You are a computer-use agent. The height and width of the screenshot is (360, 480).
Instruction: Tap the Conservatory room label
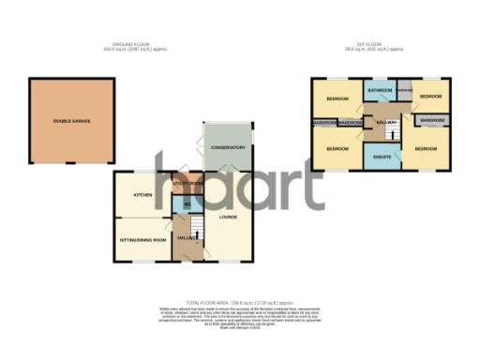[x=227, y=147]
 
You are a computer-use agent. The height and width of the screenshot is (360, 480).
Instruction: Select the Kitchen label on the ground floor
[x=142, y=195]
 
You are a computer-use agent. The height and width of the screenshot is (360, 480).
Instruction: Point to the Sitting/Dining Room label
[x=144, y=240]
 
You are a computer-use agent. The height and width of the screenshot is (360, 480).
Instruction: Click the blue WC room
[x=187, y=205]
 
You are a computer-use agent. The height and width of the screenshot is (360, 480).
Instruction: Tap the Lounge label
[x=228, y=217]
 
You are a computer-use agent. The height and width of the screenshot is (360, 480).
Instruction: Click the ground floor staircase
[x=196, y=229]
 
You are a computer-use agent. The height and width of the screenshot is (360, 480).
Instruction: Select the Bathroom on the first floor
[x=380, y=91]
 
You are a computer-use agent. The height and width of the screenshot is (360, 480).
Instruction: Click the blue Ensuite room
[x=382, y=157]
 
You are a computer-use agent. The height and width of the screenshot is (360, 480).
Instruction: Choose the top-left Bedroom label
[x=337, y=98]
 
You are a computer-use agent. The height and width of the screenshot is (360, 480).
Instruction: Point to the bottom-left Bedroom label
[x=337, y=148]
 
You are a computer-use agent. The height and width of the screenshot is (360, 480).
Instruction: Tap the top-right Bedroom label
[x=430, y=97]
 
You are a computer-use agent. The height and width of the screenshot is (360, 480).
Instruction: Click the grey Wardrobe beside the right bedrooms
[x=431, y=121]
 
